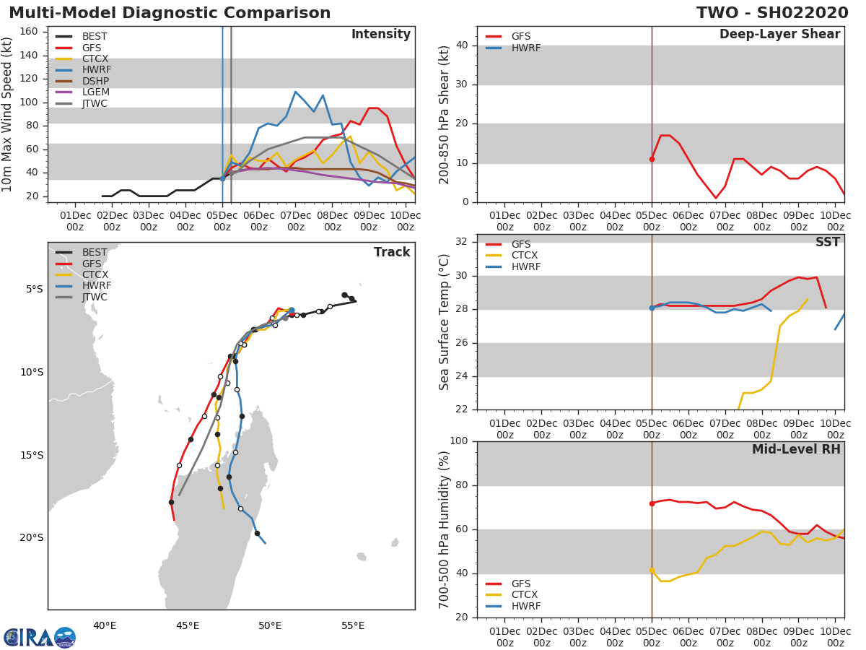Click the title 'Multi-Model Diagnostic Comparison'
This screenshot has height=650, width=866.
coord(170,13)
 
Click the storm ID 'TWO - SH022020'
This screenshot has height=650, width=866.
coord(771,13)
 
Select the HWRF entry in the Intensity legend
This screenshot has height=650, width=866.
coord(96,70)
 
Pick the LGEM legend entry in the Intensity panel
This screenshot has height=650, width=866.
coord(96,92)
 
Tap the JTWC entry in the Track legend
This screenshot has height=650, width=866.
coord(95,297)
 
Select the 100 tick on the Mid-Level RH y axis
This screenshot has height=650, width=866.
coord(458,441)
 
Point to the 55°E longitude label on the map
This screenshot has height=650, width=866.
coord(352,625)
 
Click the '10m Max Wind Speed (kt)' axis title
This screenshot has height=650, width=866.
coord(8,115)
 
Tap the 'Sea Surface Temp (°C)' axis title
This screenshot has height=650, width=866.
coord(445,322)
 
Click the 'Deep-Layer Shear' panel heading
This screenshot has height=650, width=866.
coord(779,35)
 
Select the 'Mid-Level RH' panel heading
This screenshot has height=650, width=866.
coord(796,449)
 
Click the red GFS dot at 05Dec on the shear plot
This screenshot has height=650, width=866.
coord(652,159)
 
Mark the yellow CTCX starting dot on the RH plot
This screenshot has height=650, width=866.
coord(652,571)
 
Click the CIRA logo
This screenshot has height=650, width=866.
coord(39,637)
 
